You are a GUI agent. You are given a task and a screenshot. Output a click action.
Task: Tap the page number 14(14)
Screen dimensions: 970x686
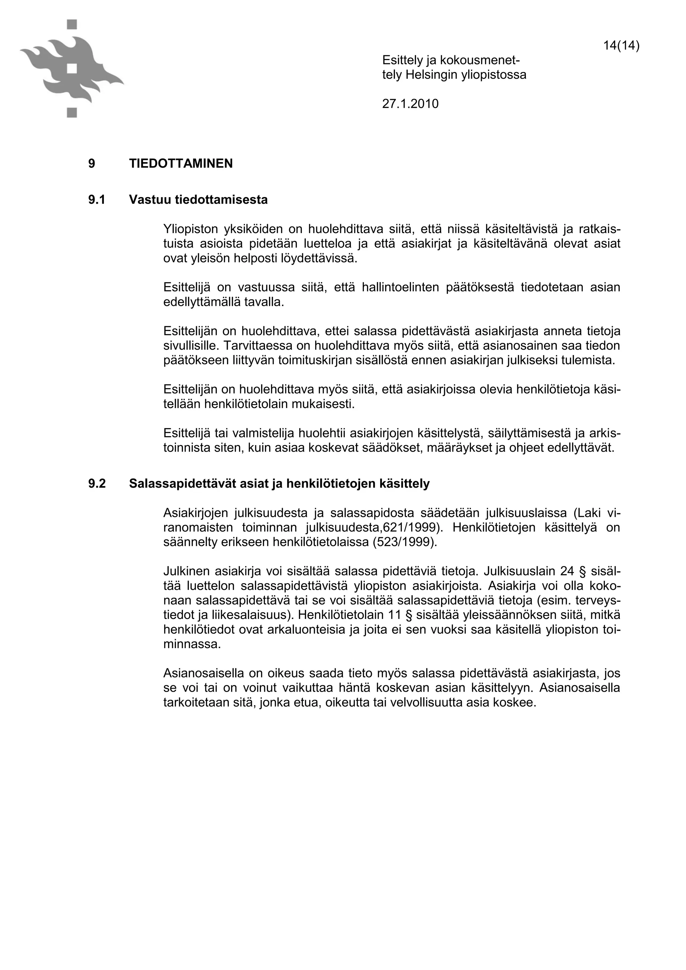[621, 45]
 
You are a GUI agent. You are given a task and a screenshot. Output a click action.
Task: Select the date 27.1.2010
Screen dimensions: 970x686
[410, 103]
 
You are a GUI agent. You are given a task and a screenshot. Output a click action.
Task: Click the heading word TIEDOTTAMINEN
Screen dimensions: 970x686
[181, 163]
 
